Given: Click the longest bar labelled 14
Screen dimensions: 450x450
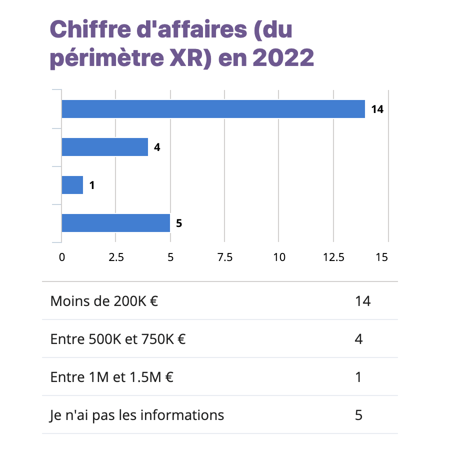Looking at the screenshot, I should point(213,109).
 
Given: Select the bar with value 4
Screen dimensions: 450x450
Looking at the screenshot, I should point(104,147).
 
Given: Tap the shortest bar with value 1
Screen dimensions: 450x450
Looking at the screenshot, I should point(72,185).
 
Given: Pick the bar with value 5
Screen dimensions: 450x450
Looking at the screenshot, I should point(115,223).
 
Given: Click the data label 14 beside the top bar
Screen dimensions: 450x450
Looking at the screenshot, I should point(377,109).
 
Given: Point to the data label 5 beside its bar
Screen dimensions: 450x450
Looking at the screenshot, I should point(179,223).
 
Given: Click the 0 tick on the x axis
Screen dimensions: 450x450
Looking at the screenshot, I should point(62,257).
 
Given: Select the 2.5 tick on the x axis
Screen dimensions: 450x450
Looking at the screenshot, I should point(116,257).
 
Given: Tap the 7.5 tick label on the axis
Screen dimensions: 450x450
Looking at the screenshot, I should point(225,257).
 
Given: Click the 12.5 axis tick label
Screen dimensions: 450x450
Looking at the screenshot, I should point(333,257).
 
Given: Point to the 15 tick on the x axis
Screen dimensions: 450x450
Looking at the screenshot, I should point(382,257).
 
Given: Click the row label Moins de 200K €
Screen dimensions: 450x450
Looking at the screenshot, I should point(104,301).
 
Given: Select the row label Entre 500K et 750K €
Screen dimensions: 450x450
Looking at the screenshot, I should point(118,339).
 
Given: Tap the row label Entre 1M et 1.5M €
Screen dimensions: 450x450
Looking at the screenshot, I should point(112,377).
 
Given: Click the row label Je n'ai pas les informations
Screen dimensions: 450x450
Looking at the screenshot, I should point(137,415).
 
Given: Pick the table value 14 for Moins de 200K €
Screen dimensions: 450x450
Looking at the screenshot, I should point(362,301).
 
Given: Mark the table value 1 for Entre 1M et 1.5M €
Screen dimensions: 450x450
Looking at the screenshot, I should point(358,377).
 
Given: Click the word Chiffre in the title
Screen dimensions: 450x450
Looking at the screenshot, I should point(85,30).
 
